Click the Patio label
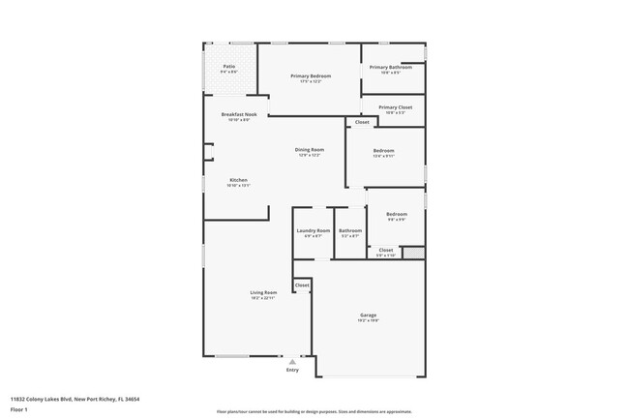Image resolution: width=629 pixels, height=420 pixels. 228,67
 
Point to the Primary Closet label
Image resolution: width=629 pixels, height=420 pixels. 395,107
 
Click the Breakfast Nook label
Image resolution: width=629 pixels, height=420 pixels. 238,114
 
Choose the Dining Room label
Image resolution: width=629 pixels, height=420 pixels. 309,150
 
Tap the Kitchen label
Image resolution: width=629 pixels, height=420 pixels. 238,181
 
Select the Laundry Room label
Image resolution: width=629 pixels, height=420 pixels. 313,230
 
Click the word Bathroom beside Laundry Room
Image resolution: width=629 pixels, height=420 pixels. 349,230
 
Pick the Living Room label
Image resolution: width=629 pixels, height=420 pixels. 264,292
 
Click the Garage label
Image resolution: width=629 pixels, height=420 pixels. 368,315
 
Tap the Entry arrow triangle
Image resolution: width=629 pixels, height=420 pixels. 292,361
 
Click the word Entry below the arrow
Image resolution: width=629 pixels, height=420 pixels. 292,370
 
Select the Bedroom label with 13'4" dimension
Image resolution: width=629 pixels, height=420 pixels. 384,150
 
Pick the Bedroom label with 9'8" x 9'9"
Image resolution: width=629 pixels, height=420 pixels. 396,214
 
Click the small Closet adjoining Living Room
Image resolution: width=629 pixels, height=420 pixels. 302,285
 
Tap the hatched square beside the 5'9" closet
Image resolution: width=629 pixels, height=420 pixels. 413,253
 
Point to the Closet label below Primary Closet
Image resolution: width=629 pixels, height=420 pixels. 361,123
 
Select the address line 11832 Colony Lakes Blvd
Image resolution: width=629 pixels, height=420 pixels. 75,398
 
